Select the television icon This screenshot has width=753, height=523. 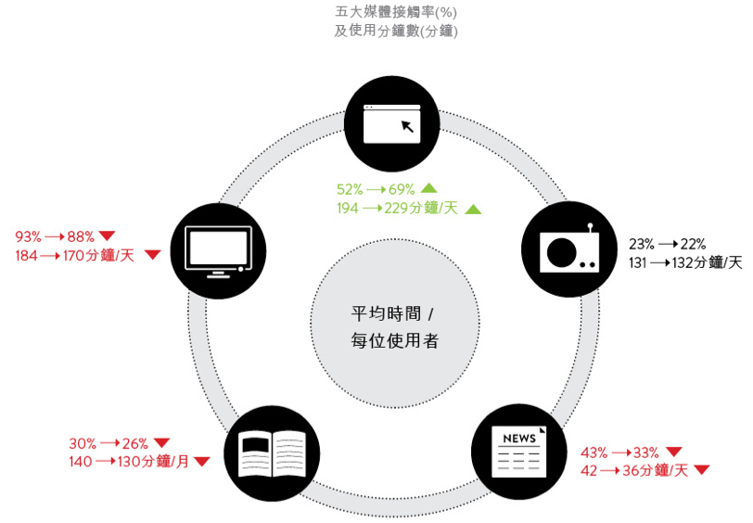[x=219, y=249]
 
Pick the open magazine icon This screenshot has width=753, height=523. [x=272, y=453]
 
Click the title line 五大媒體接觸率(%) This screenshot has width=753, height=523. [x=397, y=12]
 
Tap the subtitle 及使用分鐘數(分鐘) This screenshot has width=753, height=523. [x=397, y=31]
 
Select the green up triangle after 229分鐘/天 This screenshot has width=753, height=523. [x=473, y=209]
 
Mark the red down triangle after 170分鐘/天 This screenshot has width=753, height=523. [x=153, y=255]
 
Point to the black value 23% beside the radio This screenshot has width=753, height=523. [x=642, y=245]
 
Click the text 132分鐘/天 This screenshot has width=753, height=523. [x=711, y=263]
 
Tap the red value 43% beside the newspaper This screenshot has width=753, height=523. [x=594, y=453]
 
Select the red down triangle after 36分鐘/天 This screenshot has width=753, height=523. [x=702, y=470]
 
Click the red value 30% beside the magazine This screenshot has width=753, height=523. [x=83, y=443]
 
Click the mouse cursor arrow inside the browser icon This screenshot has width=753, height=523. [x=407, y=126]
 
